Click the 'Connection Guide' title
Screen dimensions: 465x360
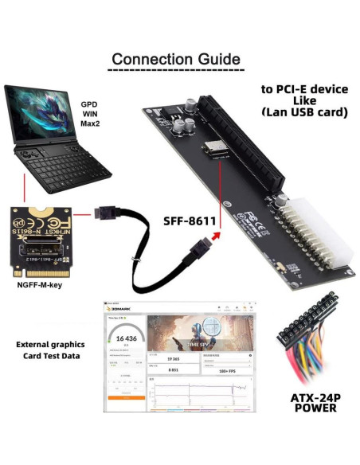click(x=174, y=59)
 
